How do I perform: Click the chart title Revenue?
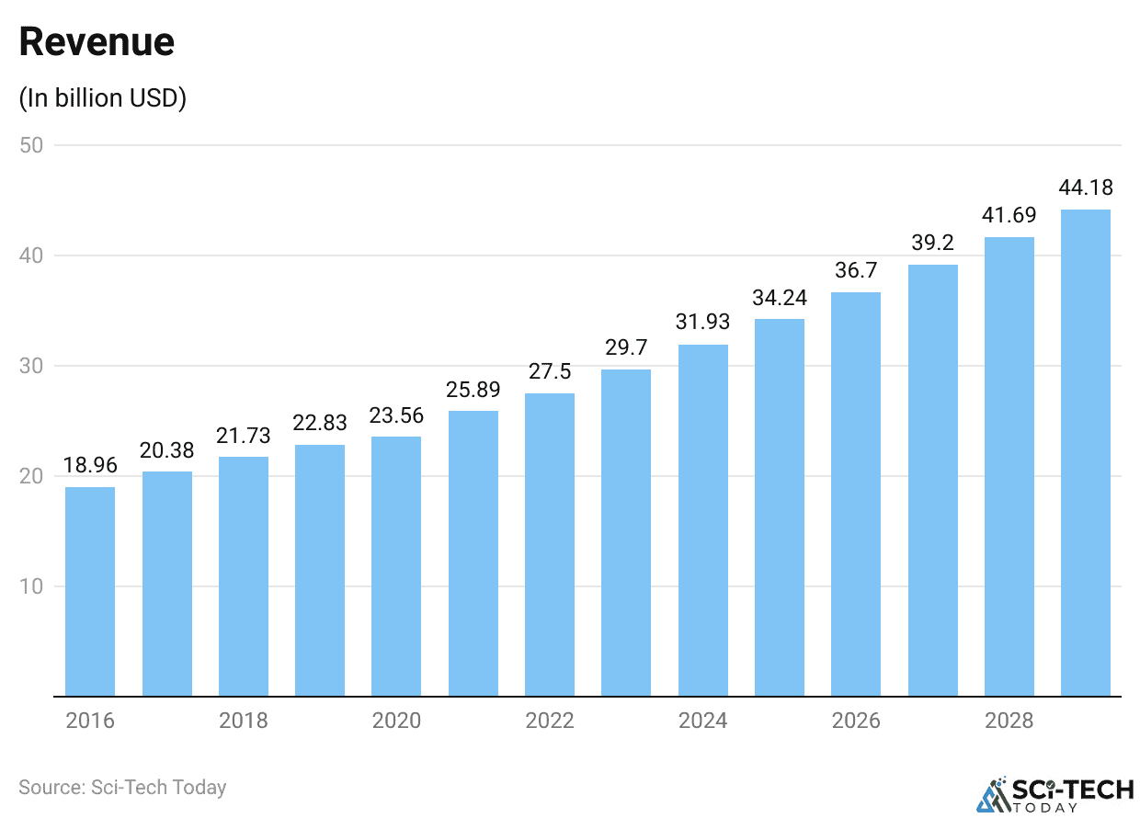(97, 42)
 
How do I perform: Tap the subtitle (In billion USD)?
(103, 98)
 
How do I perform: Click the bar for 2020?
(396, 566)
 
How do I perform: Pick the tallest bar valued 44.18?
(1086, 452)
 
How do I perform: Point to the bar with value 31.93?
(702, 520)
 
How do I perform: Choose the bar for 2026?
(856, 494)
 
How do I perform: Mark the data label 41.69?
(1009, 216)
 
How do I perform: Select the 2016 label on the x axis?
(90, 720)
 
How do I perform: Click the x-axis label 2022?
(550, 720)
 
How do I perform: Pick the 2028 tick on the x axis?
(1009, 720)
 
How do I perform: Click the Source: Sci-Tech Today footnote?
(122, 788)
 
